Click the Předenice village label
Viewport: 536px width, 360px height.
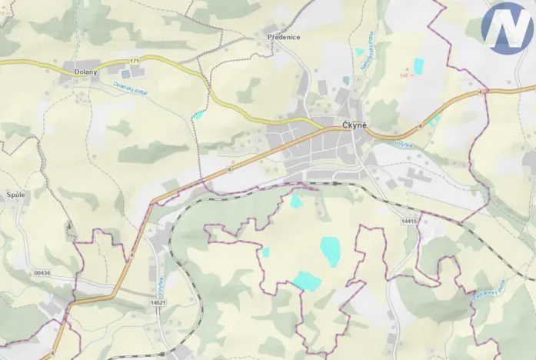click(x=284, y=37)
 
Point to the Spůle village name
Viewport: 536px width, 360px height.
click(x=15, y=195)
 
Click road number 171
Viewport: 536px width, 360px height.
click(x=135, y=61)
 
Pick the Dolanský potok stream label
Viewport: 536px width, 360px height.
click(x=130, y=88)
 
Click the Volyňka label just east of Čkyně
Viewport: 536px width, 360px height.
click(x=404, y=144)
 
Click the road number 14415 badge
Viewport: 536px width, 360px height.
click(x=408, y=222)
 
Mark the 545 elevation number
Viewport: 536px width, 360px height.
click(x=405, y=75)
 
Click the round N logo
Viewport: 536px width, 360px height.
click(x=508, y=28)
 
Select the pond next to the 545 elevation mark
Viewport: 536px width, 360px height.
click(x=418, y=66)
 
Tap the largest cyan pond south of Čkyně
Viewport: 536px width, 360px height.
click(x=331, y=251)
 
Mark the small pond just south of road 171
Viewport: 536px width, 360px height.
click(x=199, y=115)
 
